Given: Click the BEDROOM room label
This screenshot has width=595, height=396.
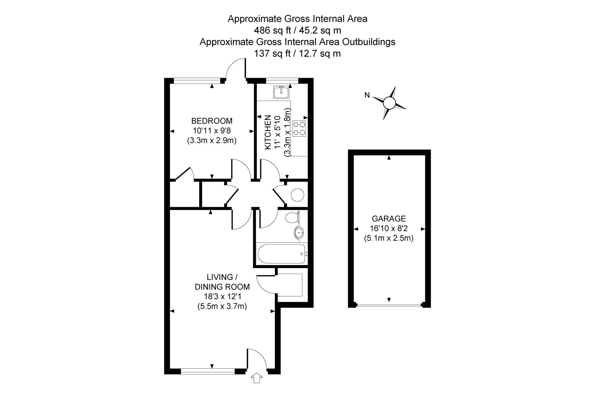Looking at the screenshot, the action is tap(212, 121).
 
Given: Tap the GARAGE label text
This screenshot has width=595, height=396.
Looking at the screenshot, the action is tap(389, 219).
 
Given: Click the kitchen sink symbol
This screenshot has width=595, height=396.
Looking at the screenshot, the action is tap(281, 92).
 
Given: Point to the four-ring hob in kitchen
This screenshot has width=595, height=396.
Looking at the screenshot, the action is tap(299, 129).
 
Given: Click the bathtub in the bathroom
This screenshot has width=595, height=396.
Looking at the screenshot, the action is tap(282, 254).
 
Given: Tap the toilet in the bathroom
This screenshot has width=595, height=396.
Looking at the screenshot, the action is tap(292, 218).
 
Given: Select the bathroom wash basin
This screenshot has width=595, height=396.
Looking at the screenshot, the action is tap(299, 233).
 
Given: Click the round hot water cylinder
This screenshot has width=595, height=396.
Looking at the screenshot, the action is tap(297, 195).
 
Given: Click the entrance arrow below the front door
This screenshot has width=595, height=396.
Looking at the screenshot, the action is tap(257, 378).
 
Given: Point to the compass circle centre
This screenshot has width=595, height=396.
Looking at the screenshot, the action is tap(390, 103).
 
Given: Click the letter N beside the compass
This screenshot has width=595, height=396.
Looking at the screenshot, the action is tap(367, 95).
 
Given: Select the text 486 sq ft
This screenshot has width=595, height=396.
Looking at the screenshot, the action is tap(273, 30).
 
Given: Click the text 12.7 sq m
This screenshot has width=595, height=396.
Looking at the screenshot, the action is tap(320, 53).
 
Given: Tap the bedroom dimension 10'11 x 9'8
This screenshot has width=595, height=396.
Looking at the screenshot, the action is tap(212, 131).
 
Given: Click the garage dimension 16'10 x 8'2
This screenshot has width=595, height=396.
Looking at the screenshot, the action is tap(389, 228).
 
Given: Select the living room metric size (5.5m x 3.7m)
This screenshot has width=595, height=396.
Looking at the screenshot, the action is tap(222, 307).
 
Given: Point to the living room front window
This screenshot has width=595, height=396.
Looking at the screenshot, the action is tap(208, 371).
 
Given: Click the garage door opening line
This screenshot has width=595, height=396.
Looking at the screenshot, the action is tap(389, 306).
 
